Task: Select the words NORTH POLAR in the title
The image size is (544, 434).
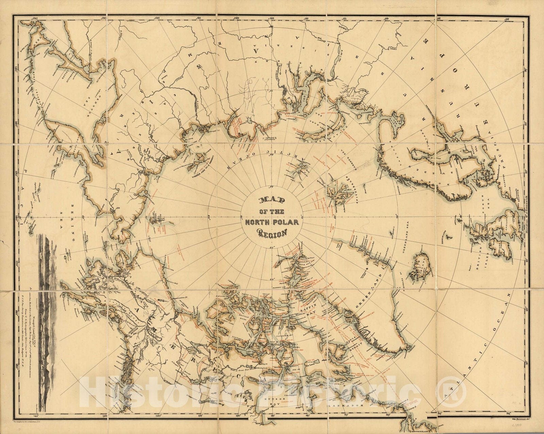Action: pos(272,223)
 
